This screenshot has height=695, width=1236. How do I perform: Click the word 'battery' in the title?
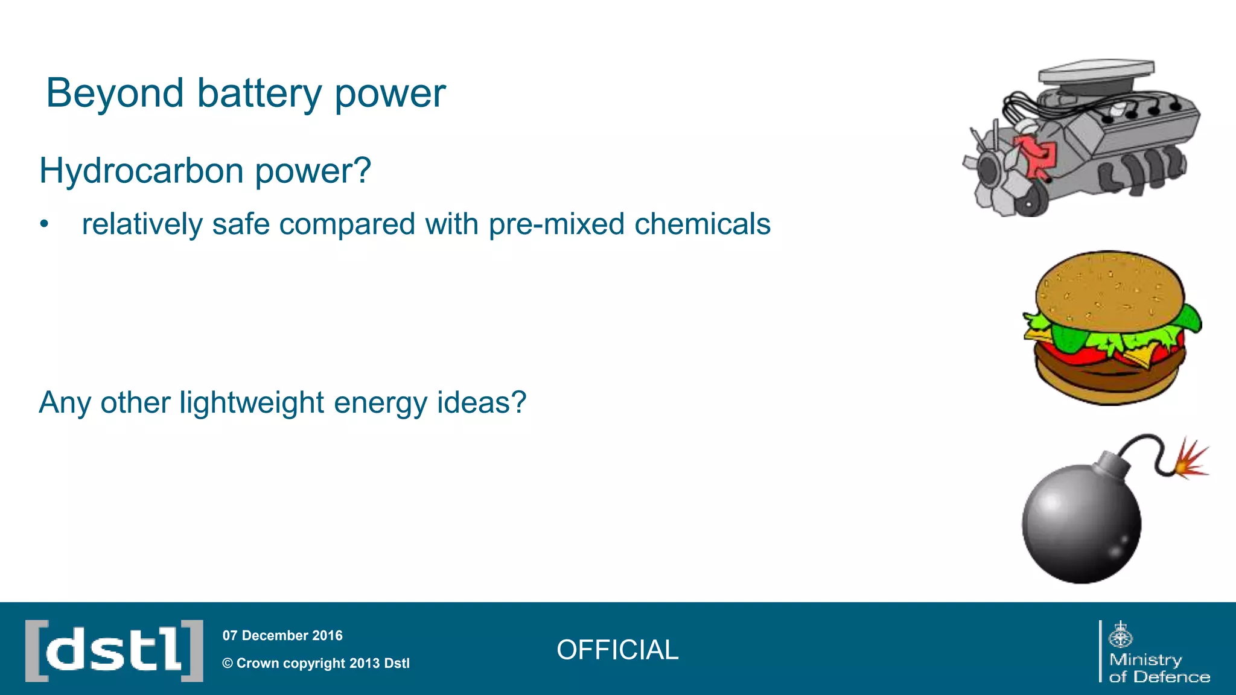259,94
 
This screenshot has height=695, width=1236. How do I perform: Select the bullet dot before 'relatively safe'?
43,224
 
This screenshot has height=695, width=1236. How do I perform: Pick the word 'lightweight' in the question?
252,402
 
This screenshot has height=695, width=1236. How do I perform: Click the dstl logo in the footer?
114,650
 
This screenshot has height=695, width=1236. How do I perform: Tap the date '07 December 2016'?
282,635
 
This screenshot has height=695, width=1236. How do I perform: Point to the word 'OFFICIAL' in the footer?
617,650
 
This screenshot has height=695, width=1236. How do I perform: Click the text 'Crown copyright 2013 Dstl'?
322,663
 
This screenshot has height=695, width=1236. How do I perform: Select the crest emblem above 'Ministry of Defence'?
1121,635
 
